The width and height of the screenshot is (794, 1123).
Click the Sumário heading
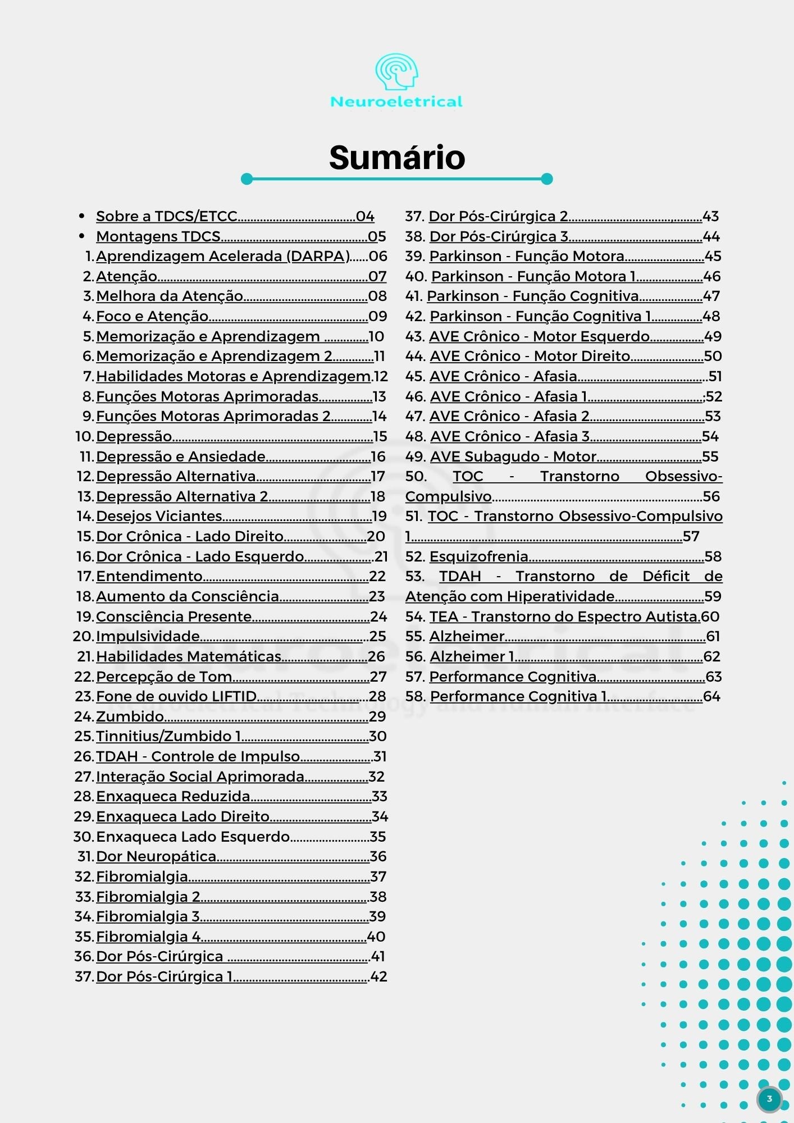pyautogui.click(x=397, y=157)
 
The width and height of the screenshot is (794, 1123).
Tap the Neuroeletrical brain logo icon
pyautogui.click(x=396, y=72)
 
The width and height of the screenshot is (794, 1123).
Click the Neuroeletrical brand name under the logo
pyautogui.click(x=396, y=102)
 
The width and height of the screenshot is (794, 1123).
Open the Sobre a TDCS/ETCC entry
pyautogui.click(x=167, y=216)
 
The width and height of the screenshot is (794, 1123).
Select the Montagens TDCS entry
pyautogui.click(x=158, y=236)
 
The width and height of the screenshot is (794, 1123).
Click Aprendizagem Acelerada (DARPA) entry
pyautogui.click(x=223, y=256)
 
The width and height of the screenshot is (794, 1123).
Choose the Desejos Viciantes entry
pyautogui.click(x=159, y=516)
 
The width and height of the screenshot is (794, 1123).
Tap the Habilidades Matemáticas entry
pyautogui.click(x=189, y=656)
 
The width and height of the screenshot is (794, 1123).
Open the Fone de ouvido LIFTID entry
pyautogui.click(x=176, y=696)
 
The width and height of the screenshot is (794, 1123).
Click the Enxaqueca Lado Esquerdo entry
pyautogui.click(x=193, y=837)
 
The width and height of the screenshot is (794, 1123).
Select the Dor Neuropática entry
pyautogui.click(x=156, y=856)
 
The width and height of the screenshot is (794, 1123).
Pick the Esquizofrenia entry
pyautogui.click(x=478, y=556)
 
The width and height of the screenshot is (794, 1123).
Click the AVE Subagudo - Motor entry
pyautogui.click(x=513, y=456)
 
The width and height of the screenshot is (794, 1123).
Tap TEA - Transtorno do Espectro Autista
pyautogui.click(x=564, y=617)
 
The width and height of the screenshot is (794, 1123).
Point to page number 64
pyautogui.click(x=711, y=696)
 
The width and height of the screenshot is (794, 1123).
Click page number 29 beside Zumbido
pyautogui.click(x=377, y=716)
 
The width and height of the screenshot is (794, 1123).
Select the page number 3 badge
pyautogui.click(x=769, y=1099)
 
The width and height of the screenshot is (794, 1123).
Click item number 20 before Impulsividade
pyautogui.click(x=83, y=636)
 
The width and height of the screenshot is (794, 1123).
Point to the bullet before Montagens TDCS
pyautogui.click(x=82, y=236)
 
